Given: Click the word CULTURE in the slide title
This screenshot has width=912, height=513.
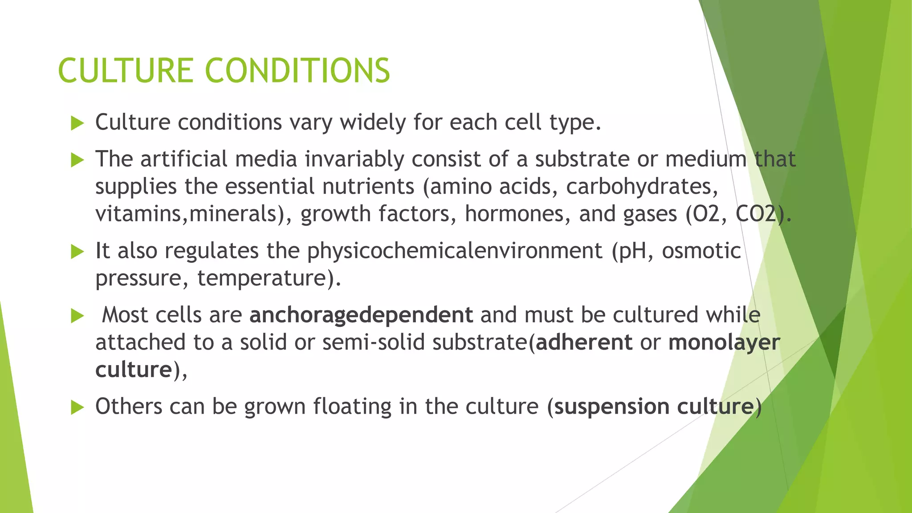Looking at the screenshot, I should pos(125,71).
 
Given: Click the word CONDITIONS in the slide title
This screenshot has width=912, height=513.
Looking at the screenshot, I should pos(297,71).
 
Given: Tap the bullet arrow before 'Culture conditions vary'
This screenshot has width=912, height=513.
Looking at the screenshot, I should pos(77,123).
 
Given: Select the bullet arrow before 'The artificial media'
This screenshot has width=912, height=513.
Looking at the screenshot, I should pos(77,160).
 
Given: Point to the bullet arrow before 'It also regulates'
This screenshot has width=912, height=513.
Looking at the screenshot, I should pos(77,252).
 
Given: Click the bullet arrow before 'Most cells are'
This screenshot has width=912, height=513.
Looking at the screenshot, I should pos(77,316).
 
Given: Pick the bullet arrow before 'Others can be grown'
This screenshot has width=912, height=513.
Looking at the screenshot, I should pos(77,407).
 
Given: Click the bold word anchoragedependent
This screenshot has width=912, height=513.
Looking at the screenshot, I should pos(361,315).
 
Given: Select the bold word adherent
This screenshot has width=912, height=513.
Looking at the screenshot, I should pos(584,342).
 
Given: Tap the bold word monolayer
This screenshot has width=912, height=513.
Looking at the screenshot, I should pos(724,342).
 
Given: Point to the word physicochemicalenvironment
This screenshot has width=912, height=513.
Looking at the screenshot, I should pos(454,251).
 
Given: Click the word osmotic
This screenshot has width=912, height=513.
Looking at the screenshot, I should pos(701,251).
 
